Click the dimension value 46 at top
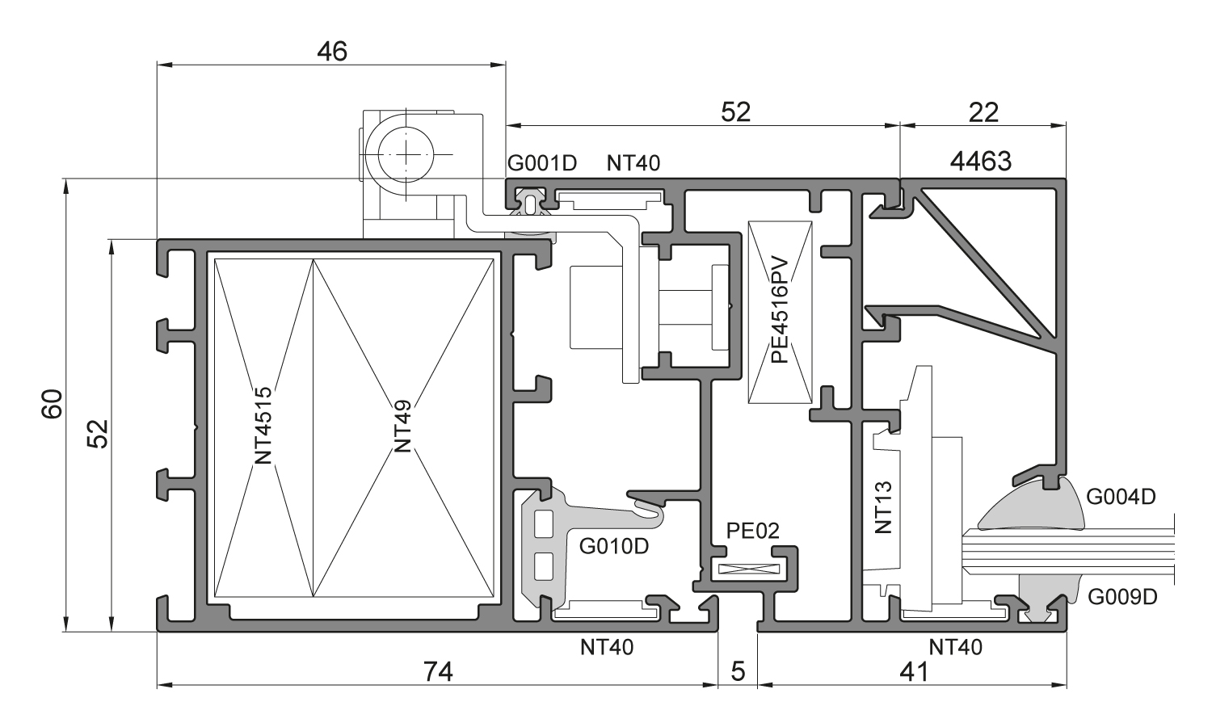331,51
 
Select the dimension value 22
983,112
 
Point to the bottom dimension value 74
437,671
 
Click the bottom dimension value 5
738,671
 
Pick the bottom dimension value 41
913,671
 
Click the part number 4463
980,162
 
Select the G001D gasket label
542,163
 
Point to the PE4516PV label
780,311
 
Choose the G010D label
614,547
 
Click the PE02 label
752,531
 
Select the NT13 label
884,506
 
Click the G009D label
1122,597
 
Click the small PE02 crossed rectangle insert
745,569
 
